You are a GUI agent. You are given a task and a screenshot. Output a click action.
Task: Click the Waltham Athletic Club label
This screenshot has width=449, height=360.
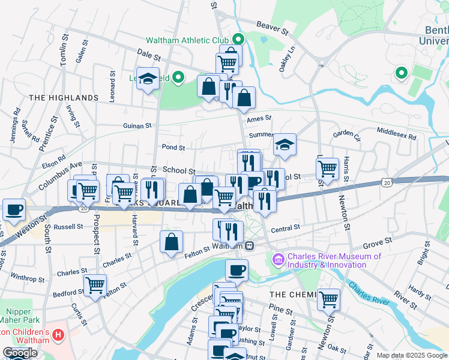click(187, 41)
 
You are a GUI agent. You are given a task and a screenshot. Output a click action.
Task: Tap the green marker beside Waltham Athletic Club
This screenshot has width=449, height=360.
click(238, 40)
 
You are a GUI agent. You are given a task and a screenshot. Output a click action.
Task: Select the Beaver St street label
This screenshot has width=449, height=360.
click(273, 25)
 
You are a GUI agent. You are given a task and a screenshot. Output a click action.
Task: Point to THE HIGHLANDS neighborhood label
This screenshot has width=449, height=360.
click(63, 97)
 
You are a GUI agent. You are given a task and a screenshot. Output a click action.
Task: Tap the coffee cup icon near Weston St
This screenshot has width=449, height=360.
click(14, 209)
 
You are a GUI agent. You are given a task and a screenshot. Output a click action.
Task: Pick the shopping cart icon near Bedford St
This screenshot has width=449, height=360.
click(95, 285)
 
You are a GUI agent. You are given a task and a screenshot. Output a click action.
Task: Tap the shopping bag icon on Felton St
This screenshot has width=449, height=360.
click(172, 242)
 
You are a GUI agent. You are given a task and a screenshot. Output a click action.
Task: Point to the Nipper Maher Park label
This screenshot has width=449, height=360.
click(22, 316)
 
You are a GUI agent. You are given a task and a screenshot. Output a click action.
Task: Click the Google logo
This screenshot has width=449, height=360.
click(20, 353)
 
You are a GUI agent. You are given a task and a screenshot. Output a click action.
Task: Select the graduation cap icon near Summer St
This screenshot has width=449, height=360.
click(285, 144)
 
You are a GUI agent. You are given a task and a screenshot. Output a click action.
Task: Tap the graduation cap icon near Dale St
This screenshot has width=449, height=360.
click(148, 79)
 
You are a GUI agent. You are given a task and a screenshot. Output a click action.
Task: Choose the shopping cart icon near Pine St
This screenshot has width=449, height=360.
click(328, 299)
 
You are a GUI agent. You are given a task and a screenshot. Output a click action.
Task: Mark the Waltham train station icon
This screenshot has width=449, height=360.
click(249, 245)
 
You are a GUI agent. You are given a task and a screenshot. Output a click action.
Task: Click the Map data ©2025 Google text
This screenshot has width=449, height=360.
click(412, 355)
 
